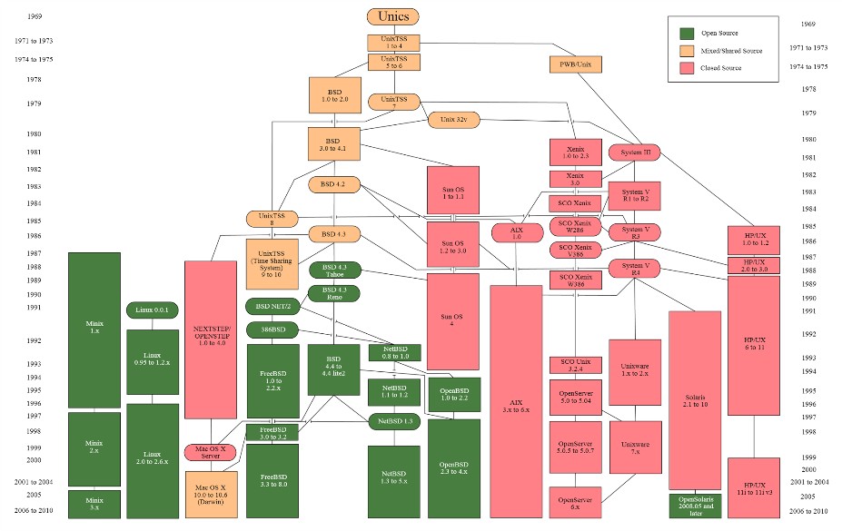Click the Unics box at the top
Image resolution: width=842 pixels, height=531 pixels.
click(x=393, y=16)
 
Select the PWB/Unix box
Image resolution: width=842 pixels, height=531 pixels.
click(x=576, y=64)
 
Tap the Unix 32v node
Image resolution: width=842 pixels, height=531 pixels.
click(x=453, y=120)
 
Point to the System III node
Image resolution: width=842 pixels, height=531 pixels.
click(x=634, y=152)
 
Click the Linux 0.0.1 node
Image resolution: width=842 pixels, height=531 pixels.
click(x=152, y=310)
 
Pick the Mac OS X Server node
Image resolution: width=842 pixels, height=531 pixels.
click(x=211, y=451)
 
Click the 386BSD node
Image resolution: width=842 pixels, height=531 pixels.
click(x=272, y=330)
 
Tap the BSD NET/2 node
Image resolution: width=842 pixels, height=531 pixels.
click(x=272, y=307)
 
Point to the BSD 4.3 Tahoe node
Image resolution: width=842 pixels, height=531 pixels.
click(x=334, y=270)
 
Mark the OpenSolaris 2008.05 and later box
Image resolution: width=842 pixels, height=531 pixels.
click(x=695, y=506)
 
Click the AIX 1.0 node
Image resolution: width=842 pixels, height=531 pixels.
click(x=517, y=232)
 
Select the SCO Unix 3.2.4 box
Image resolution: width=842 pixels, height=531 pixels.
click(x=576, y=365)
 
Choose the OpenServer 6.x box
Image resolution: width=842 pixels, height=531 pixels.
click(x=576, y=502)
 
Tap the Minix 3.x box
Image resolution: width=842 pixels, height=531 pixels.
click(x=94, y=504)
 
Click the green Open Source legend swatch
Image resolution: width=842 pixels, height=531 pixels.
click(x=688, y=34)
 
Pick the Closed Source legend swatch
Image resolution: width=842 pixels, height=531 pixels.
click(x=688, y=67)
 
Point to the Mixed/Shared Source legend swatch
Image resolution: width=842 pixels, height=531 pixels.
click(x=688, y=51)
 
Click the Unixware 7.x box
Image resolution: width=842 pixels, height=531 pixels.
click(x=634, y=447)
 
